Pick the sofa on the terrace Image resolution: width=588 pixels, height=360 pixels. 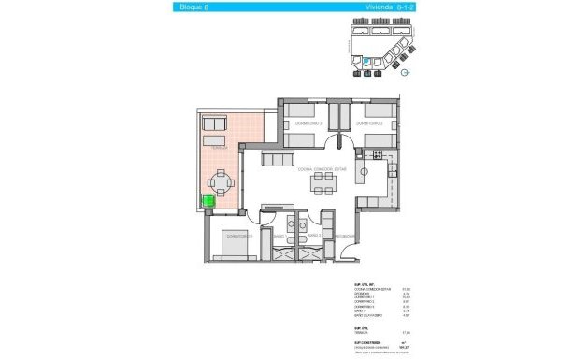(x=216, y=123)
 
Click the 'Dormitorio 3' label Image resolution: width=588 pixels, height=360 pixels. (x=308, y=123)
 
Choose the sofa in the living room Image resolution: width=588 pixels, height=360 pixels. (x=278, y=160)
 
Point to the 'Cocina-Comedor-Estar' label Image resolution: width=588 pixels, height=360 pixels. (x=323, y=170)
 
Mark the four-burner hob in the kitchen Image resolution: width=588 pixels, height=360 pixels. (x=393, y=171)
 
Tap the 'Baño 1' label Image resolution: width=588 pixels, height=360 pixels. (x=279, y=236)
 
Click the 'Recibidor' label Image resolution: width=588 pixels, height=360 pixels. (x=344, y=236)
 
